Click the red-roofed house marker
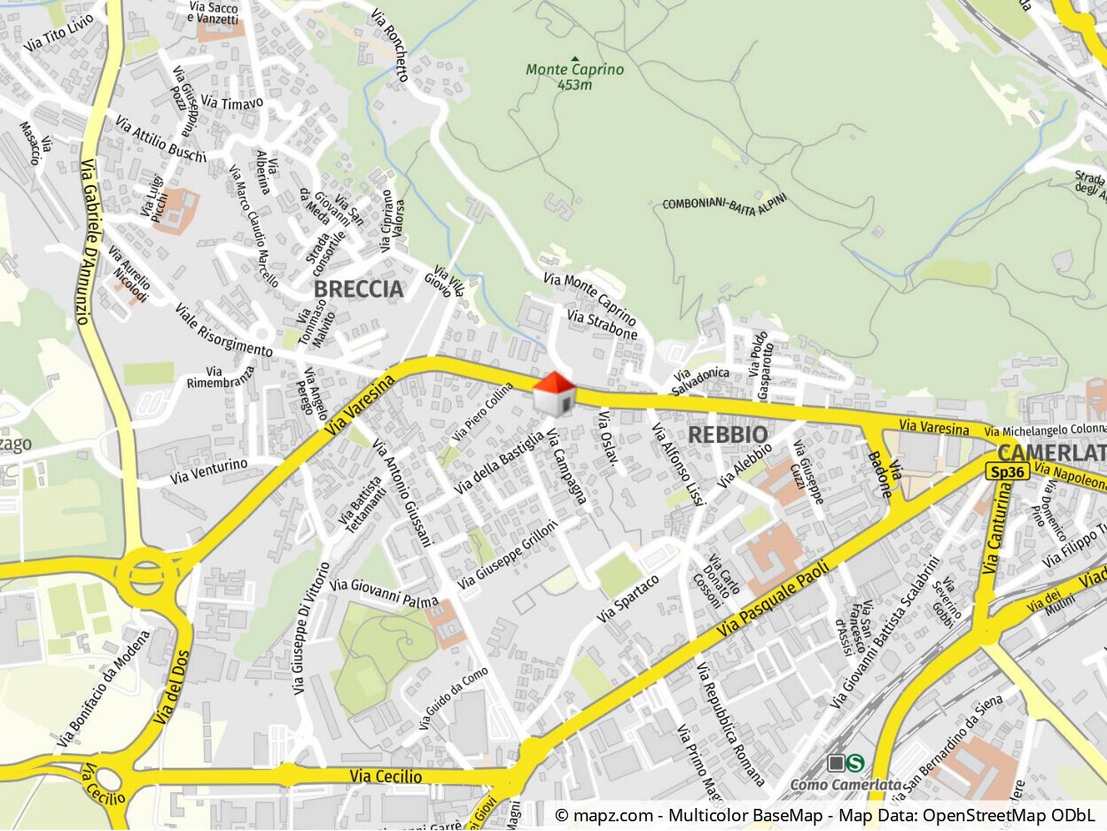tap(554, 394)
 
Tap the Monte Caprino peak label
tap(574, 69)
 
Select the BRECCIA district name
tap(358, 289)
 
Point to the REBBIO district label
tap(728, 434)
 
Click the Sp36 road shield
tap(1008, 472)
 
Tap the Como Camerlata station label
tap(845, 784)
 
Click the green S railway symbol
tap(856, 763)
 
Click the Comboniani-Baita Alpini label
tap(724, 203)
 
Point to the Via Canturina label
tap(997, 532)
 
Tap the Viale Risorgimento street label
tap(223, 330)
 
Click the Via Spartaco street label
tap(628, 599)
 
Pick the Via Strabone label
tap(602, 325)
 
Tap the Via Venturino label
tap(209, 471)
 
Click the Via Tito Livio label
tap(59, 32)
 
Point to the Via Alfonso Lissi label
tap(677, 464)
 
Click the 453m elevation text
tap(574, 85)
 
